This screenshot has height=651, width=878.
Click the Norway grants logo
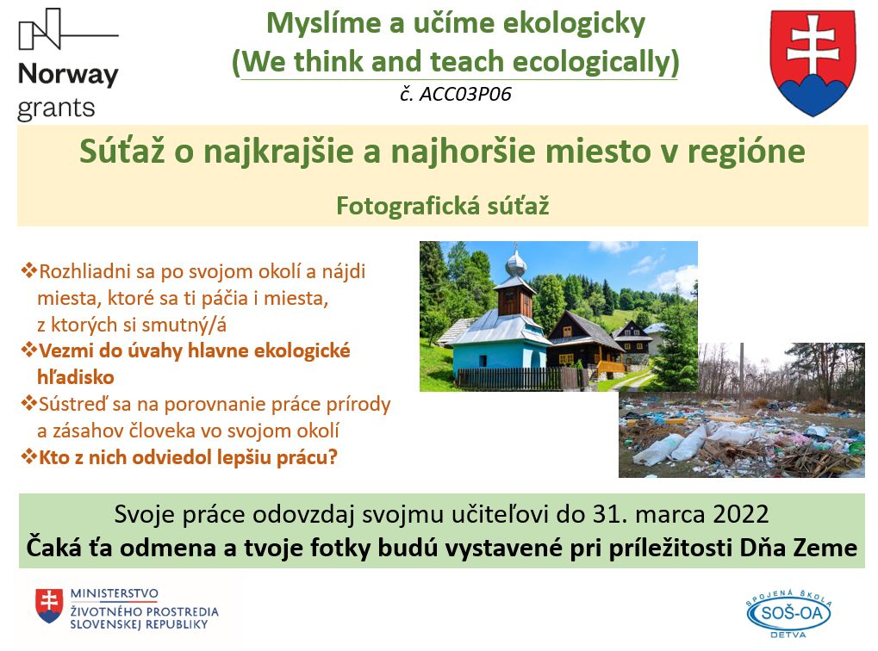68,65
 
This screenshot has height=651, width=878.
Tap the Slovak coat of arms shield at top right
813,62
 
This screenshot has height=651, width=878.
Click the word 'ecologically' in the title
595,61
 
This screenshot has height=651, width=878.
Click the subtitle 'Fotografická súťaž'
442,206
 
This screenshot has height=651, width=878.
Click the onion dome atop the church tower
516,263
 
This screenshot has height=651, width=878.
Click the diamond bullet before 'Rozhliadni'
28,270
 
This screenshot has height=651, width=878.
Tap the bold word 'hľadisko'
76,376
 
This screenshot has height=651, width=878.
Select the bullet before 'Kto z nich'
28,456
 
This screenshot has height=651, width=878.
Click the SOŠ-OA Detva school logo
788,613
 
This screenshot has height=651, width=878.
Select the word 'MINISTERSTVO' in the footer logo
115,593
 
